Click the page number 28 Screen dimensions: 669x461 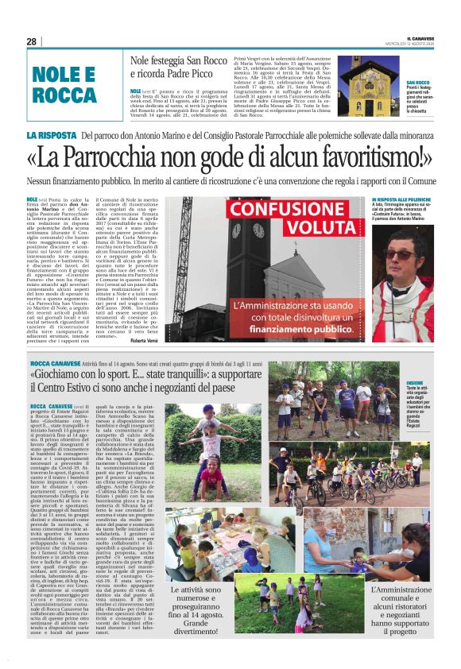(x=31, y=41)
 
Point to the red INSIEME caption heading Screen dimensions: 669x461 (x=393, y=383)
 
